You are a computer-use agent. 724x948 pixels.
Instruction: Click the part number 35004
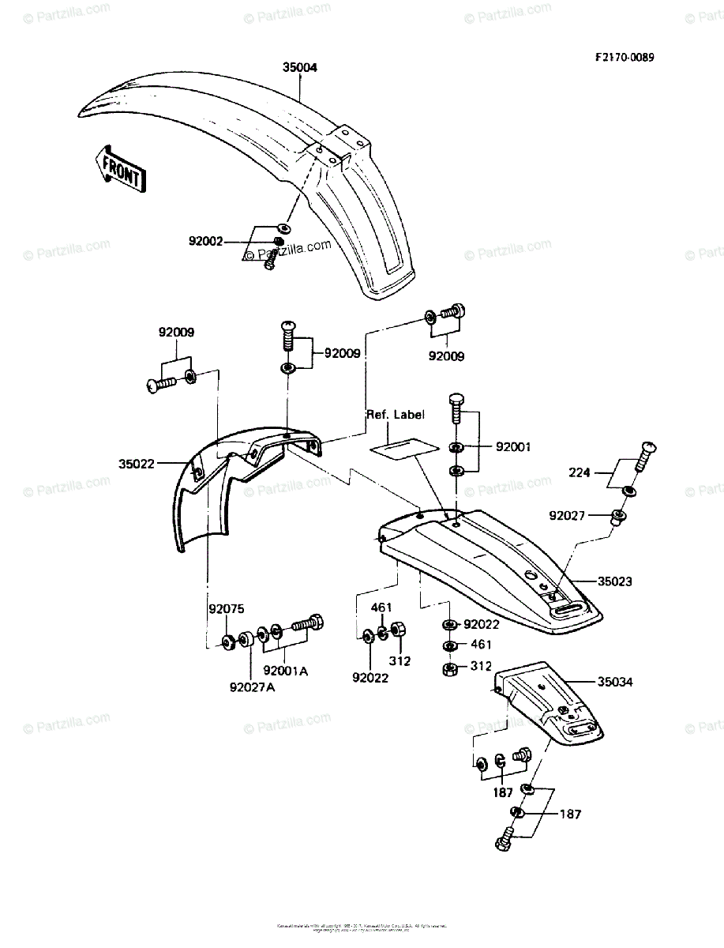pos(299,68)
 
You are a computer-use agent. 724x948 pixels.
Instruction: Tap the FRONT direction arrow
pos(119,167)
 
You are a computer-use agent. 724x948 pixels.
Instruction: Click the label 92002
pos(205,241)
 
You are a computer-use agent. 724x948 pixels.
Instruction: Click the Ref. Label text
pos(395,414)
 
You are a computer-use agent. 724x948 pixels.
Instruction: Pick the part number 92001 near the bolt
pos(513,447)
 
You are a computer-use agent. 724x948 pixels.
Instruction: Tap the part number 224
pos(580,474)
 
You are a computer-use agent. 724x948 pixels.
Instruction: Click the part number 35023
pos(615,581)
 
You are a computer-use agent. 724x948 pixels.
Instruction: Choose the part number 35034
pos(615,681)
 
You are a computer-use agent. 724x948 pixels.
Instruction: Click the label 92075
pos(227,609)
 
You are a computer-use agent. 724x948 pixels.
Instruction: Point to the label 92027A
pos(253,687)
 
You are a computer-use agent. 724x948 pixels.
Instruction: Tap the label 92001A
pos(285,671)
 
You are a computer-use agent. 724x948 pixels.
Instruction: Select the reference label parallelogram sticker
pos(405,447)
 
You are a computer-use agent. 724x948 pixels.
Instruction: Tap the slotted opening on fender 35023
pos(570,609)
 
